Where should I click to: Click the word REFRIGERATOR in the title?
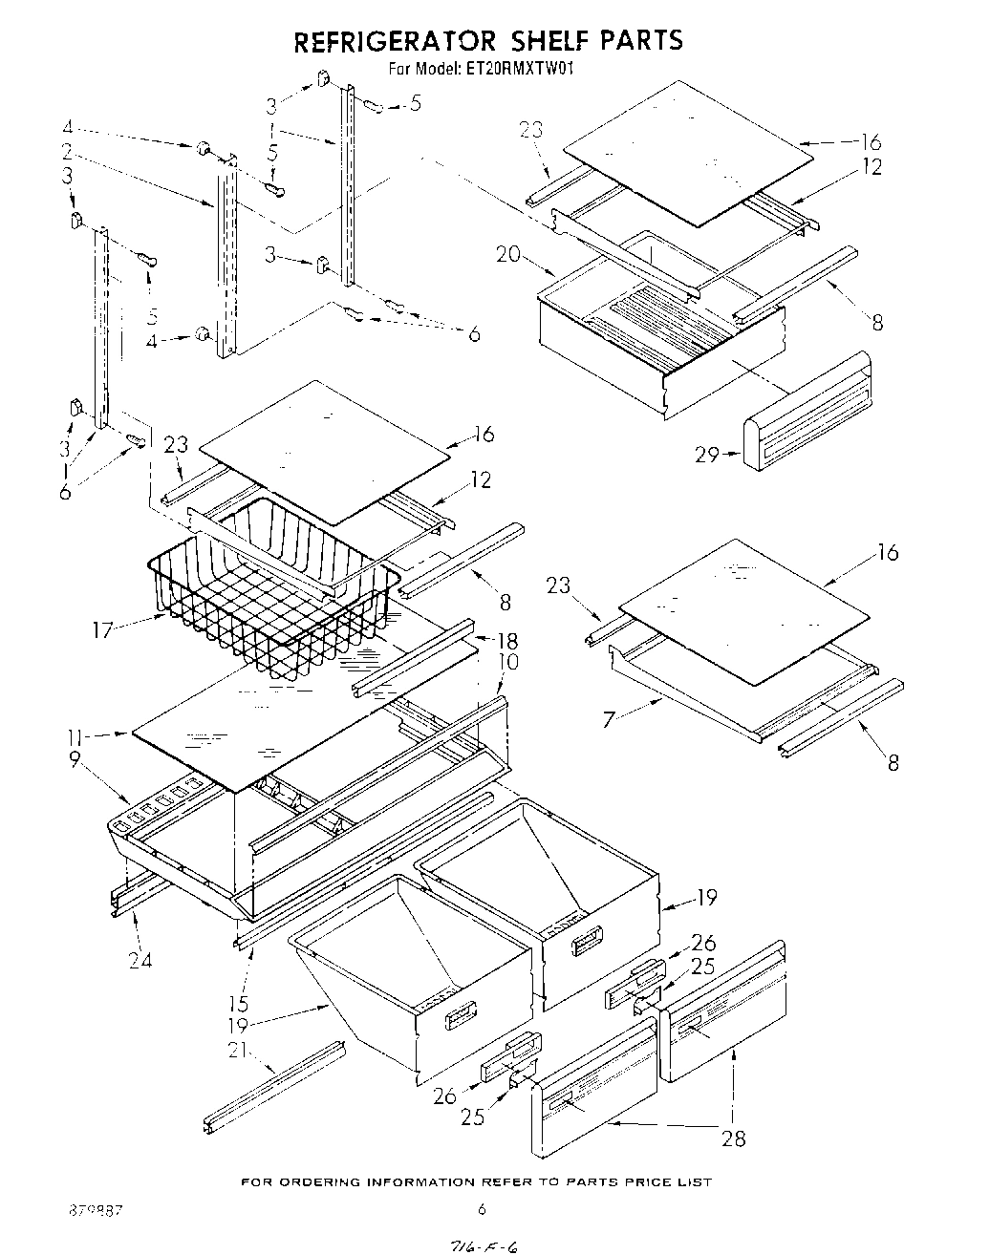click(x=393, y=41)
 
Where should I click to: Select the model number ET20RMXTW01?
click(x=519, y=69)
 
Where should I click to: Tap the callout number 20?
click(x=508, y=254)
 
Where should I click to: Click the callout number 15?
click(x=238, y=1003)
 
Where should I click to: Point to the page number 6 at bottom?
click(x=482, y=1209)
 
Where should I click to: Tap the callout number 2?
click(x=67, y=152)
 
